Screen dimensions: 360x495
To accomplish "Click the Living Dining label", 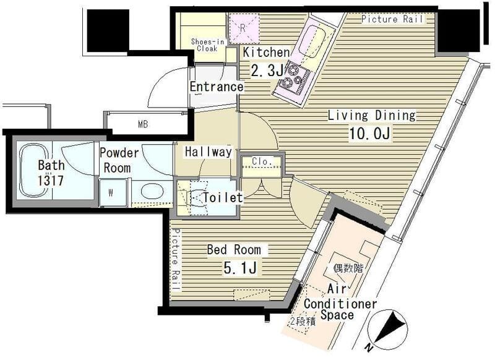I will click(x=371, y=115).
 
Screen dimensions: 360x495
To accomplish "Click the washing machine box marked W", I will click(x=111, y=192).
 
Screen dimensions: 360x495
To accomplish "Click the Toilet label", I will click(x=223, y=198).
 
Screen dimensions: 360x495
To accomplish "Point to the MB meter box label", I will click(x=143, y=124).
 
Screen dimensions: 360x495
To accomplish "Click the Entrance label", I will click(x=216, y=87).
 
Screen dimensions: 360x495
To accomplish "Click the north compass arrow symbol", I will click(x=390, y=326).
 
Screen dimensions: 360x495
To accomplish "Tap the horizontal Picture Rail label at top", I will click(x=392, y=19).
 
